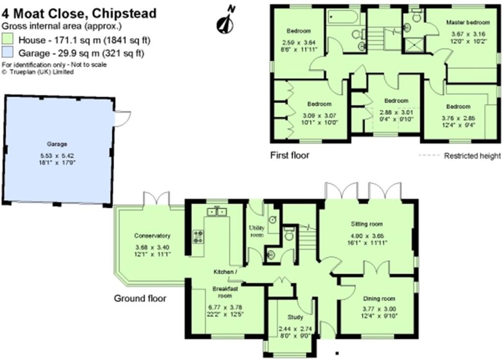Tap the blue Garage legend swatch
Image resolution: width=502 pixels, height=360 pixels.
tap(8, 52)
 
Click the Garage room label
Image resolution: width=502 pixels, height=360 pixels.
tap(57, 144)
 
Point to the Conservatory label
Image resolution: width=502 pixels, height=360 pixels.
tap(152, 235)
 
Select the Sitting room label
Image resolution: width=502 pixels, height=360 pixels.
tap(366, 224)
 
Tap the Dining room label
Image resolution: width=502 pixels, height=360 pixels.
tap(379, 298)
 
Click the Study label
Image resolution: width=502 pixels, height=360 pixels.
tap(295, 317)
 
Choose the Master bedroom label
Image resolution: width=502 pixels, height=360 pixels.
tap(468, 23)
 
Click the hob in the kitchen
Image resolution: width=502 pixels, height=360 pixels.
tap(199, 237)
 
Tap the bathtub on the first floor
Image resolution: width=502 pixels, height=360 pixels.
tap(346, 18)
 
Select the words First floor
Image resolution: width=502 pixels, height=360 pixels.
tap(290, 156)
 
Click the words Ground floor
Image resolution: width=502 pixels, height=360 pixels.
tap(140, 298)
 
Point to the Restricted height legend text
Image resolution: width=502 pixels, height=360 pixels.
tap(472, 156)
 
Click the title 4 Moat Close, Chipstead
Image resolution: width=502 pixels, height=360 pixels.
tap(79, 13)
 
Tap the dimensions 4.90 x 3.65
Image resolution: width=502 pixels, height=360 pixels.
tap(366, 235)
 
